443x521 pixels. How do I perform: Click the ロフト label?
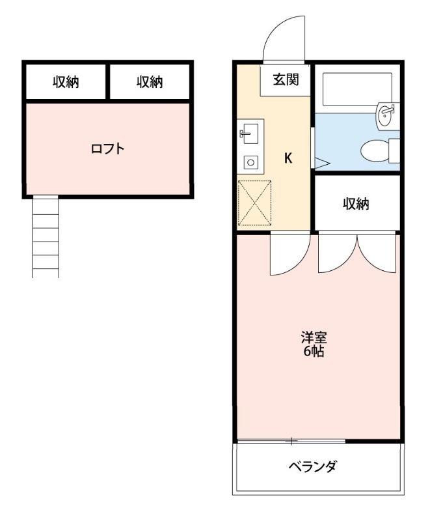click(107, 148)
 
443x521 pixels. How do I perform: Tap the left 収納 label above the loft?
click(66, 82)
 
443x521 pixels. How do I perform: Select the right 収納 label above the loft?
click(150, 82)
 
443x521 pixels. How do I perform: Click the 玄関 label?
click(286, 80)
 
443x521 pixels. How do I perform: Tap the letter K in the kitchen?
click(288, 158)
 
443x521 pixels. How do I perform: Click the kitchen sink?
click(249, 135)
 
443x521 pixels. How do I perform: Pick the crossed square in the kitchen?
click(254, 203)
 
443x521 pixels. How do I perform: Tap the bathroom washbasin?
click(386, 116)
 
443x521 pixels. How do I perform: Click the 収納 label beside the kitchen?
click(356, 204)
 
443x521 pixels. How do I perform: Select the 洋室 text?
click(314, 338)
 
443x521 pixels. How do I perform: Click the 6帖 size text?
click(314, 352)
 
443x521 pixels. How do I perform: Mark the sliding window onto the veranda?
click(291, 442)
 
